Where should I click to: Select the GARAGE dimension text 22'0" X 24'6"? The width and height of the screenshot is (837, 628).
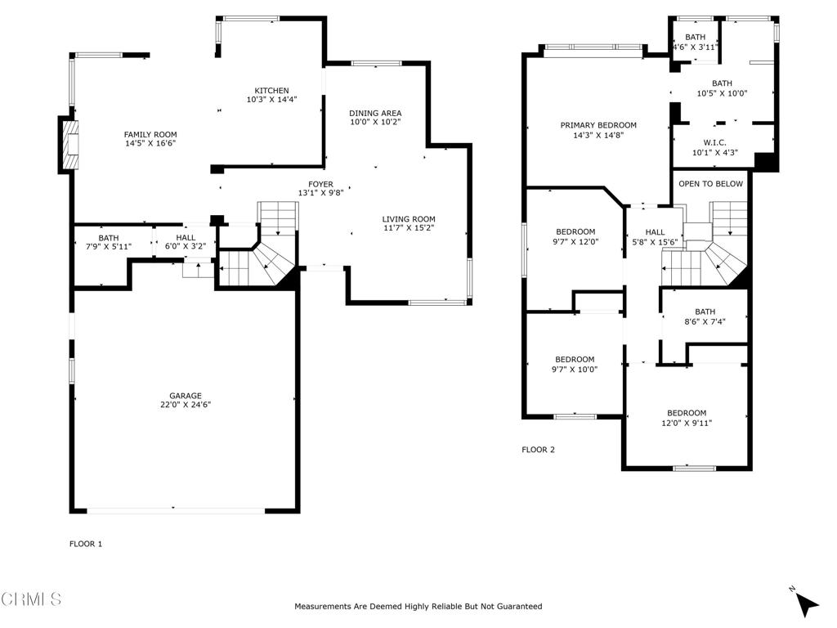coord(186,405)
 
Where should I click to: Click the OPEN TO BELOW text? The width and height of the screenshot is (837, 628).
coord(710,184)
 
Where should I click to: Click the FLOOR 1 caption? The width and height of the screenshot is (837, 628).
coord(86,544)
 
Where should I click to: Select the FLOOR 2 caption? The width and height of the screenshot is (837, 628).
coord(538,450)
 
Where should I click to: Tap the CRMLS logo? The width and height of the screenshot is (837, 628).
coord(31,600)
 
